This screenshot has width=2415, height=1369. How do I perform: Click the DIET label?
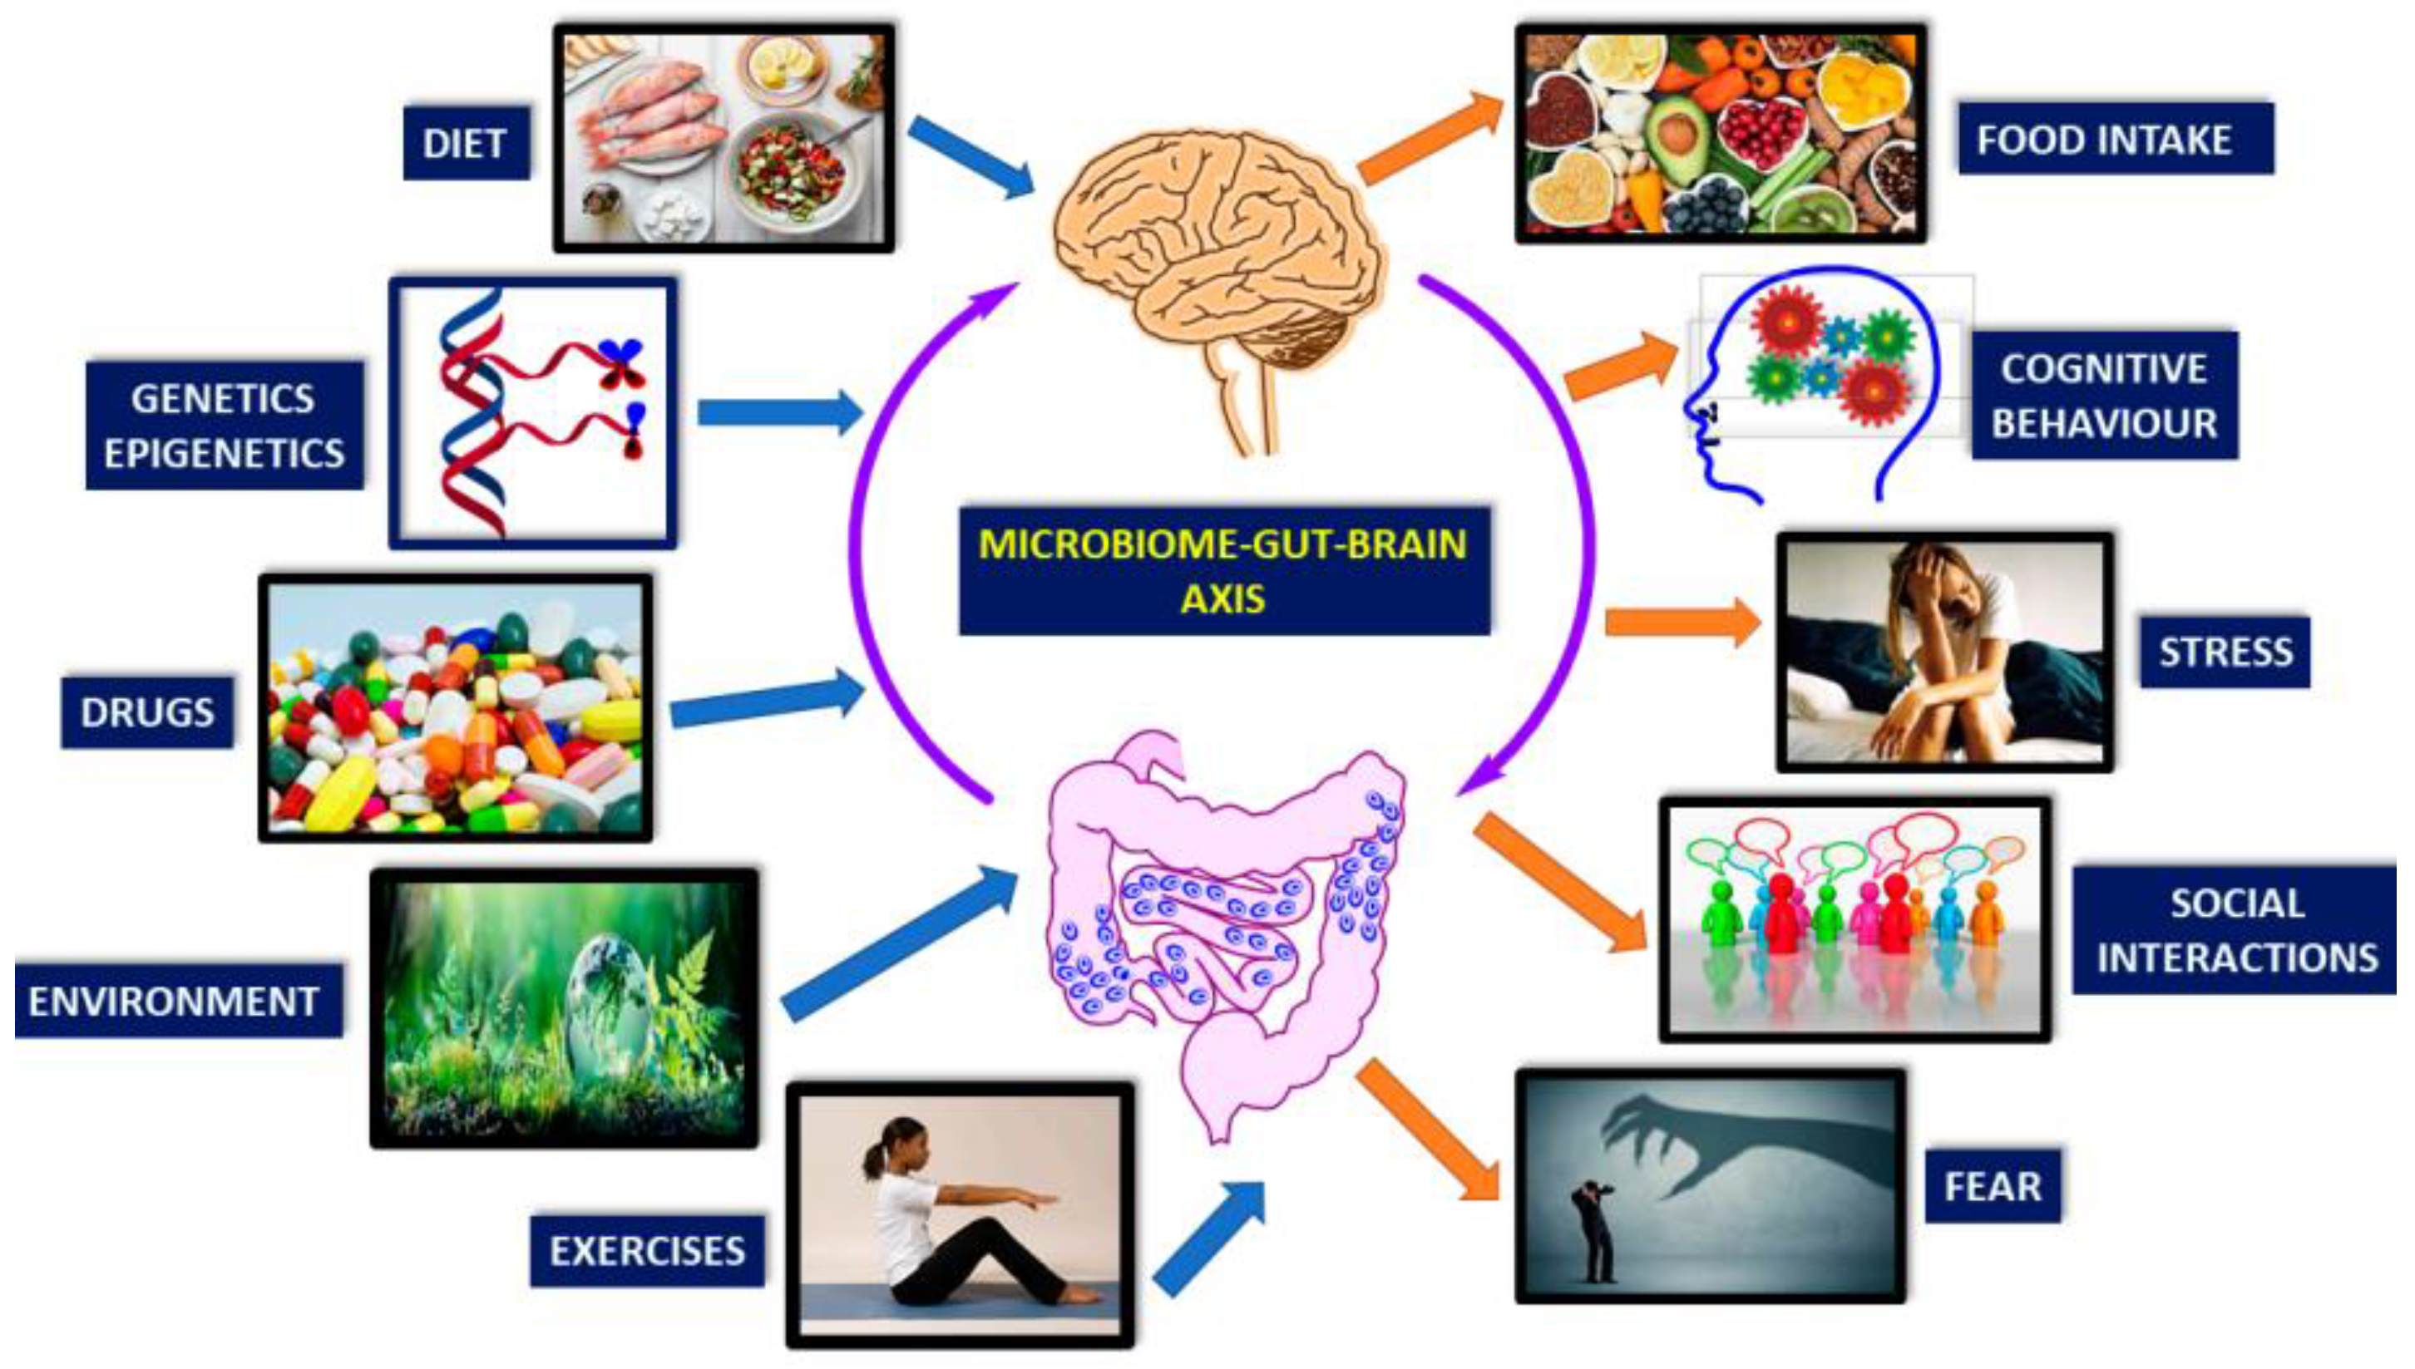pyautogui.click(x=466, y=144)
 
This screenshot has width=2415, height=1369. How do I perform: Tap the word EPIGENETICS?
pyautogui.click(x=224, y=454)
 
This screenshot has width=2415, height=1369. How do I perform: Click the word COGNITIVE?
pyautogui.click(x=2104, y=368)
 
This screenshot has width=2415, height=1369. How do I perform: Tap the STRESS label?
pyautogui.click(x=2225, y=652)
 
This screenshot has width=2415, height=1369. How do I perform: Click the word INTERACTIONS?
pyautogui.click(x=2237, y=958)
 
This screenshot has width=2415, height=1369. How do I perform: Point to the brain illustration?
pyautogui.click(x=1222, y=254)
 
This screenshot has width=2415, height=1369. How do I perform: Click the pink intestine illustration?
pyautogui.click(x=1222, y=922)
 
